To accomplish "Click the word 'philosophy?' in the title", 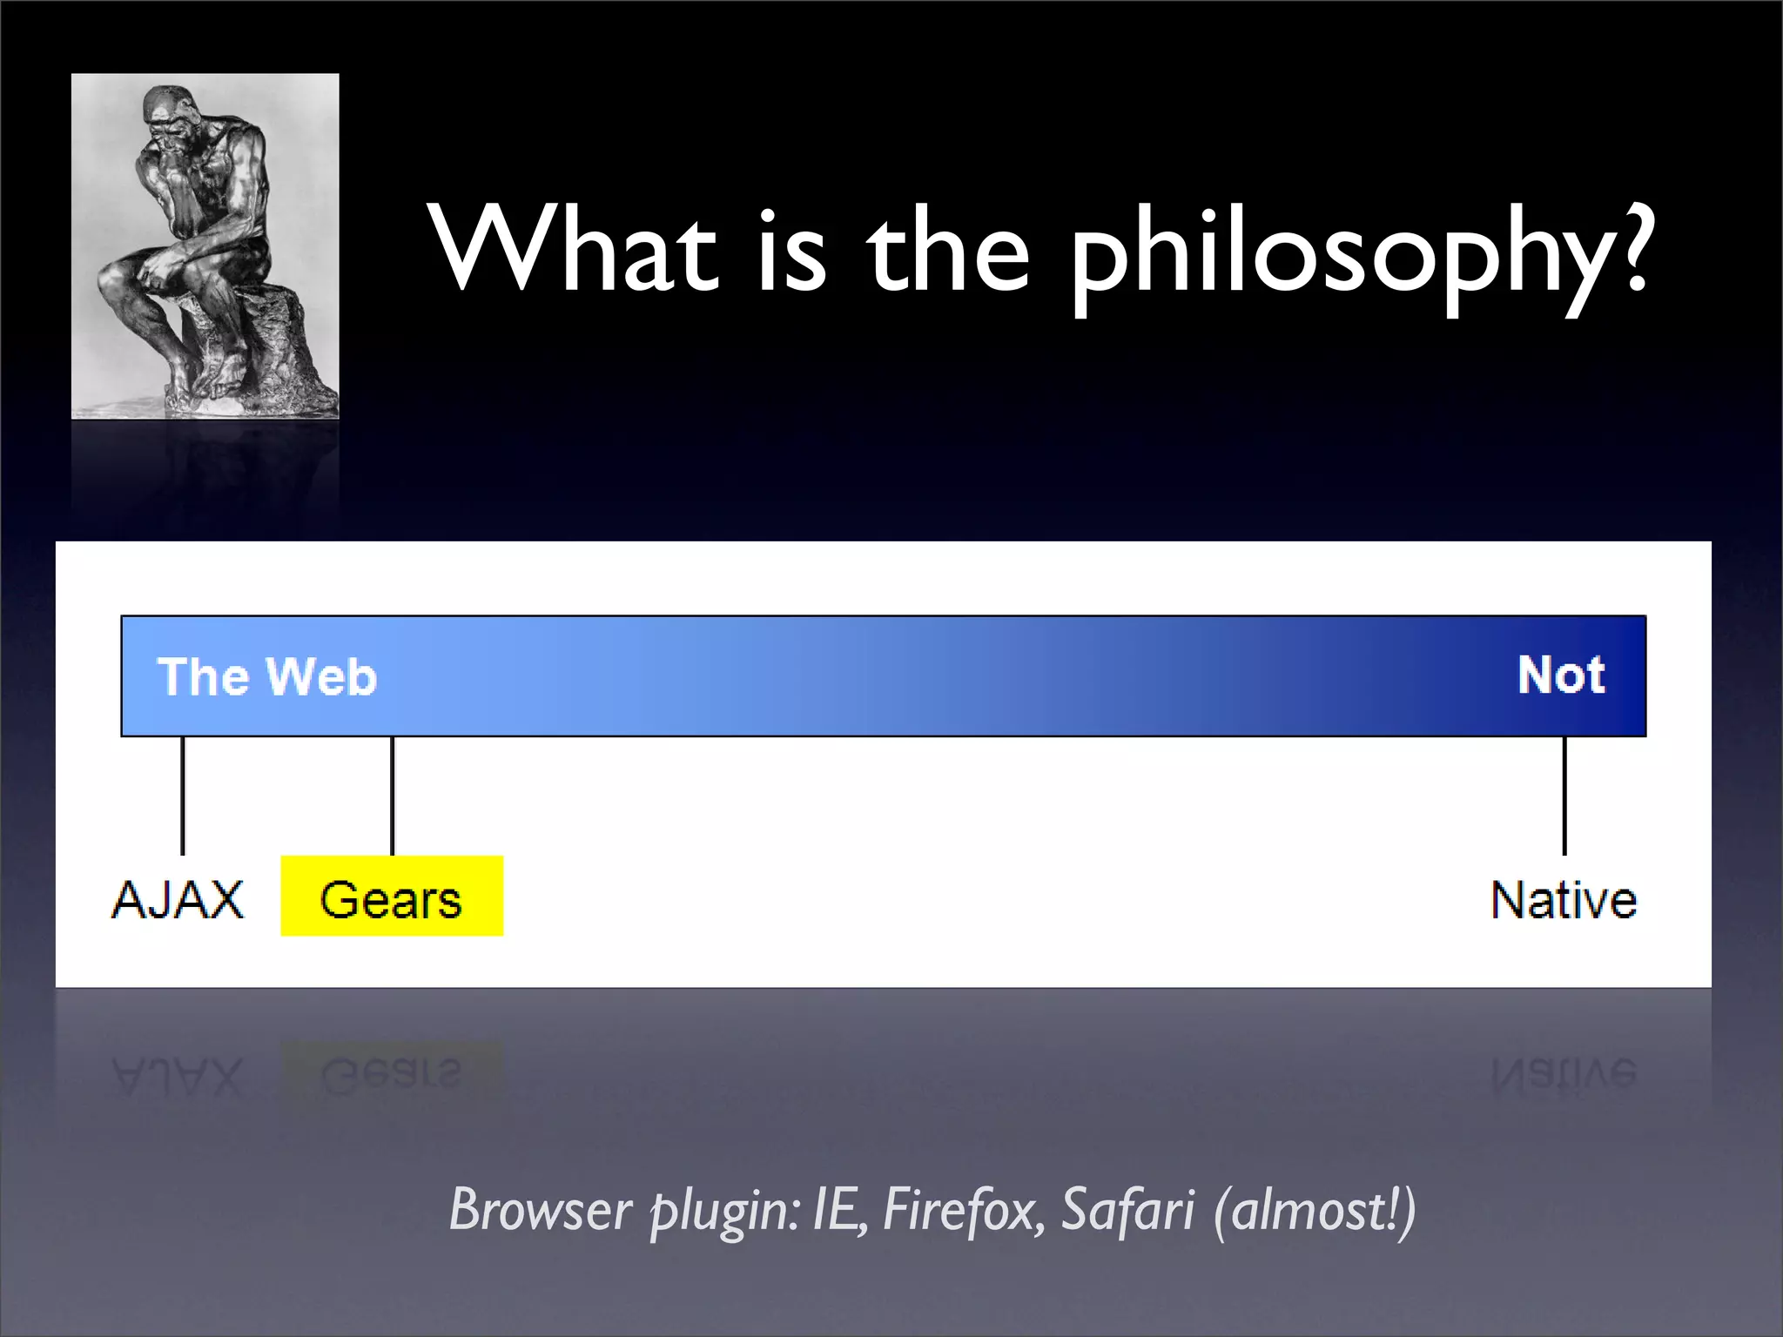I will click(1358, 252).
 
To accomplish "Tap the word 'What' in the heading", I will click(575, 248).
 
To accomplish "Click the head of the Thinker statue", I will click(165, 113).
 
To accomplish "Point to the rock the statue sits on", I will click(261, 348).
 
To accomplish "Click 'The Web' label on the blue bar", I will click(266, 676).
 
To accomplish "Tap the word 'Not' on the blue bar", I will click(1561, 675).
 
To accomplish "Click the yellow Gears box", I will click(392, 897).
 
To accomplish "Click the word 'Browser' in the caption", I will click(540, 1210).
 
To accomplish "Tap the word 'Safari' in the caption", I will click(1127, 1210).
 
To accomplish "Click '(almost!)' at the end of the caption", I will click(1315, 1210).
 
